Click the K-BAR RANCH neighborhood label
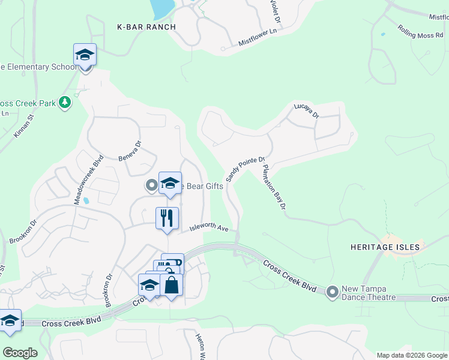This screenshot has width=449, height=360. click(146, 27)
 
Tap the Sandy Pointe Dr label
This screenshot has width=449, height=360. click(245, 169)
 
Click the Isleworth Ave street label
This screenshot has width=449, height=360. click(209, 228)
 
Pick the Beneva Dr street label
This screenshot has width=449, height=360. click(130, 151)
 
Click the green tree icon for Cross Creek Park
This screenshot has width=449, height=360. click(65, 103)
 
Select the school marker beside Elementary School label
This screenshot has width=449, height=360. click(85, 55)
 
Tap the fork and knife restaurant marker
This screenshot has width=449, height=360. click(166, 218)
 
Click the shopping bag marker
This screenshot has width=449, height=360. click(172, 286)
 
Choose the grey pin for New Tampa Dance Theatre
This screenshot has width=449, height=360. click(333, 292)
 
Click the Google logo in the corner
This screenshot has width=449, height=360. click(19, 353)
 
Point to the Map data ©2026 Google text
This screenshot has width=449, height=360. click(412, 355)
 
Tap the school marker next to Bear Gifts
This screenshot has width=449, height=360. click(170, 184)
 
